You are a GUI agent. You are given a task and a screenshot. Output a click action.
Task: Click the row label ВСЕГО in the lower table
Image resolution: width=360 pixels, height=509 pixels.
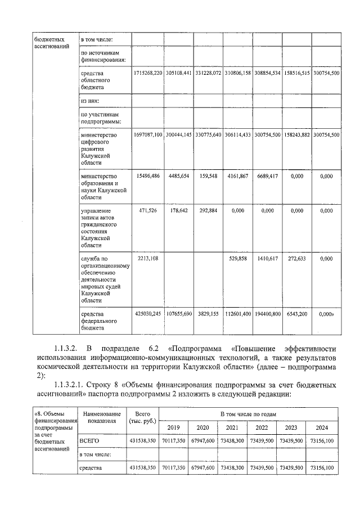pos(90,442)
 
